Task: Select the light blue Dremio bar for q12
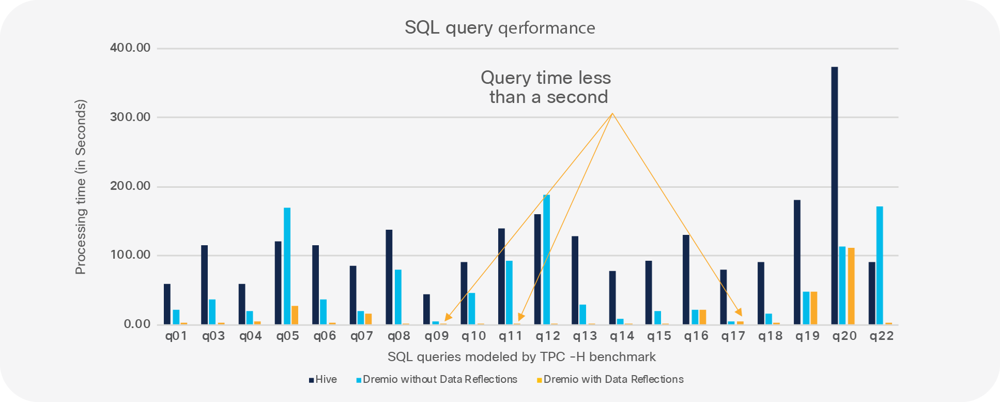[546, 260]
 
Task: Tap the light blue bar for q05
[287, 266]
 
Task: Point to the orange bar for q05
[295, 315]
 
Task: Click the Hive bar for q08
[389, 277]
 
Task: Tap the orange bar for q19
[813, 308]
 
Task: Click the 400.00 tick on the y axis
[130, 48]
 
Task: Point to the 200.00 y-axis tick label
[130, 186]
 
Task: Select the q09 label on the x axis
[436, 336]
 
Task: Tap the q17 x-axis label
[733, 336]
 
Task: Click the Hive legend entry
[323, 380]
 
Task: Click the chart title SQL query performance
[500, 27]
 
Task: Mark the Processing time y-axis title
[81, 187]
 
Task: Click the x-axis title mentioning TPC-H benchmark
[521, 357]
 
